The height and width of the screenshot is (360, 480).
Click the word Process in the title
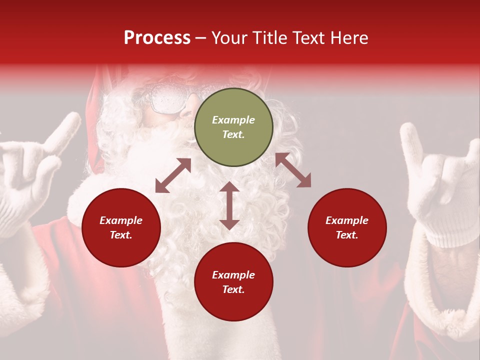click(x=157, y=38)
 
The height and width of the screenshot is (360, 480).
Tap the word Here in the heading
click(x=349, y=38)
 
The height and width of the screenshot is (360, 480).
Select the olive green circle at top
click(x=233, y=127)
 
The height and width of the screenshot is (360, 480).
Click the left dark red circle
click(x=121, y=227)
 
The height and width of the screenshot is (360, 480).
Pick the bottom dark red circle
click(x=233, y=282)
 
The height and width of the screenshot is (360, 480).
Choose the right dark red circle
click(x=347, y=227)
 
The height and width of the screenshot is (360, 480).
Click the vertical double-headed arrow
click(x=229, y=205)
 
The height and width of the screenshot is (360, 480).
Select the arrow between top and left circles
click(x=173, y=175)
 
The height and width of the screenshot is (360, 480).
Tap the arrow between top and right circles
click(x=293, y=170)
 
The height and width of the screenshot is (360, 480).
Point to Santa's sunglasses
click(x=170, y=98)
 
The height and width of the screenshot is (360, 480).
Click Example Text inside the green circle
click(x=233, y=127)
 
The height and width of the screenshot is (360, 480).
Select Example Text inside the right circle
click(x=347, y=227)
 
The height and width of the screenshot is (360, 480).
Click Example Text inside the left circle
click(x=121, y=227)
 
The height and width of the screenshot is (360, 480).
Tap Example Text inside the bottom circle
click(x=233, y=282)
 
